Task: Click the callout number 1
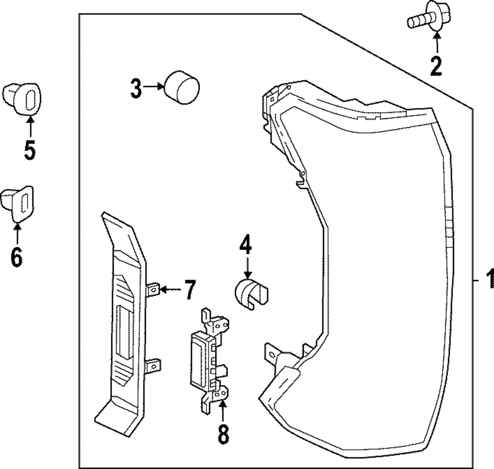coord(489,280)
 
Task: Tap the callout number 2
coord(436,66)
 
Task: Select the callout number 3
coord(136,88)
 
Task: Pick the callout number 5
coord(30,150)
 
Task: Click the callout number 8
coord(223,435)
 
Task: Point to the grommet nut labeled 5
coord(23,98)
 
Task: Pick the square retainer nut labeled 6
coord(18,201)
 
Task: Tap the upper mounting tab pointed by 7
coord(154,289)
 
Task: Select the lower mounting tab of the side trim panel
coord(154,366)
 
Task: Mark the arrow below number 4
coord(247,270)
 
